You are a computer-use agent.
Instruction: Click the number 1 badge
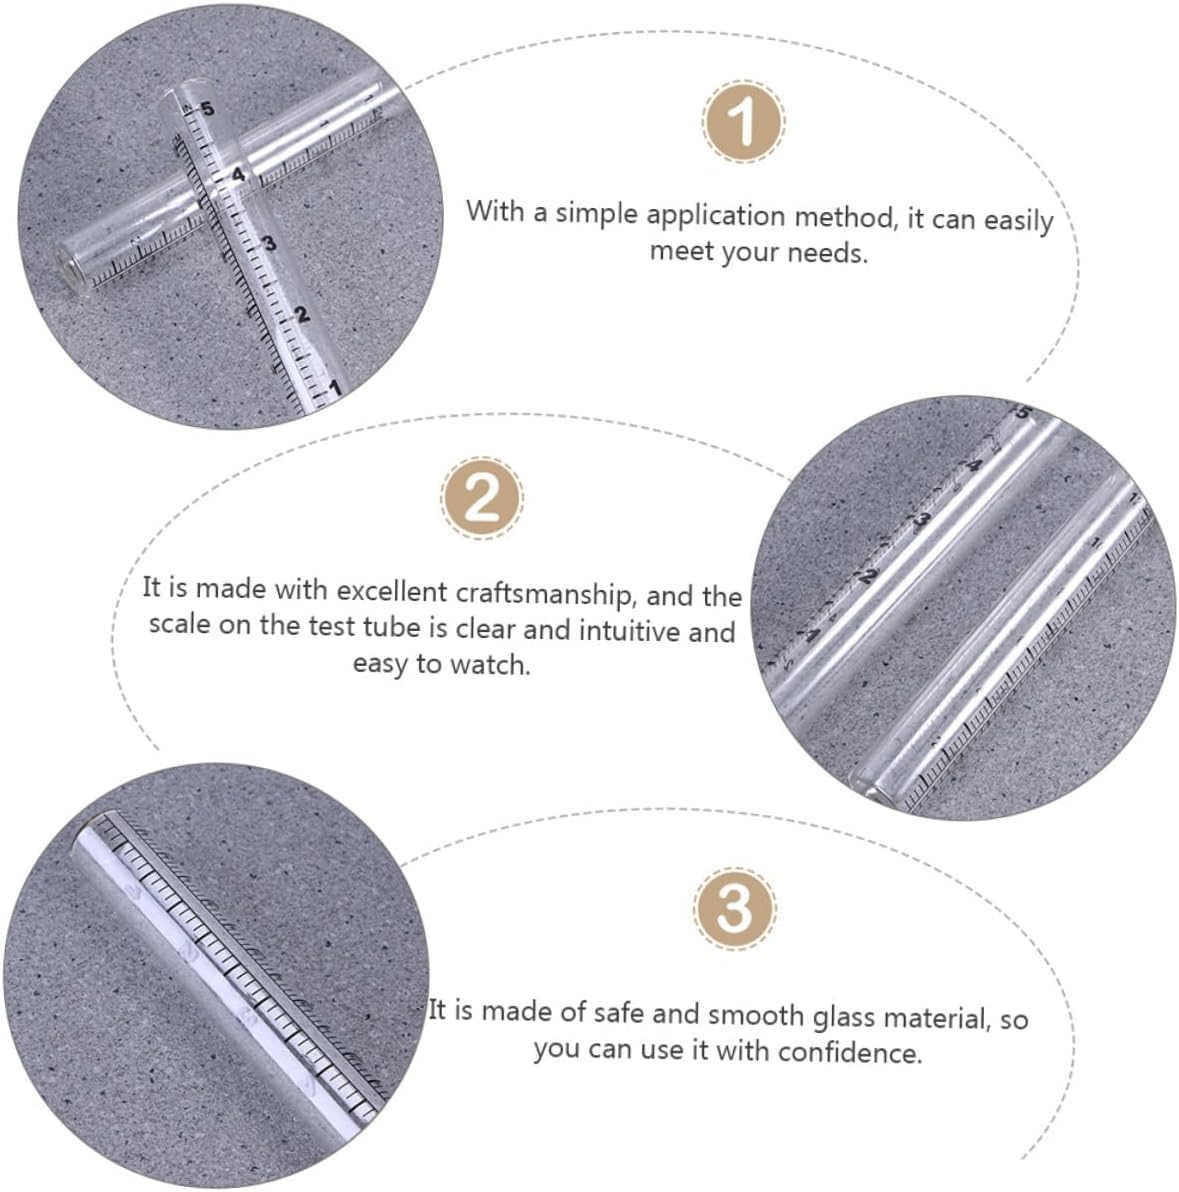(743, 122)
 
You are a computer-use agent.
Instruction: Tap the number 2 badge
(482, 499)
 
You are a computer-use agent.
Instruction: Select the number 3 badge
(734, 908)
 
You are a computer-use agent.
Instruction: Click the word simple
(596, 213)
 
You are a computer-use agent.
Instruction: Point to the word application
(715, 216)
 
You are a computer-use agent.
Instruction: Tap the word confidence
(850, 1052)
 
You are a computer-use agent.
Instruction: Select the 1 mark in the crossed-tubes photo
(334, 388)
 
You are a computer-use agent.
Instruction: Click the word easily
(1019, 221)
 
